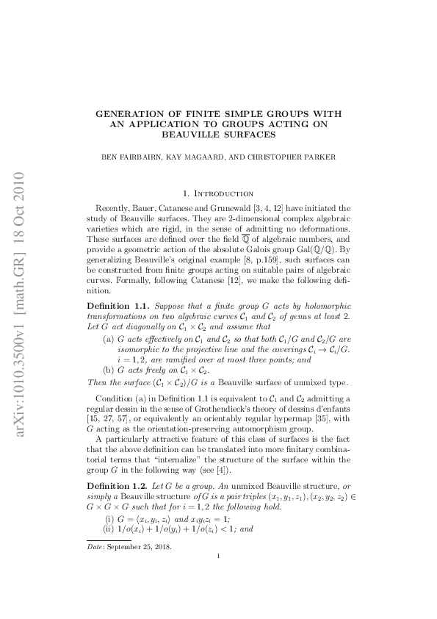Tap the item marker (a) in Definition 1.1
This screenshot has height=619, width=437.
point(108,339)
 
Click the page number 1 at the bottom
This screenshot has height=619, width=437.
point(219,597)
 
